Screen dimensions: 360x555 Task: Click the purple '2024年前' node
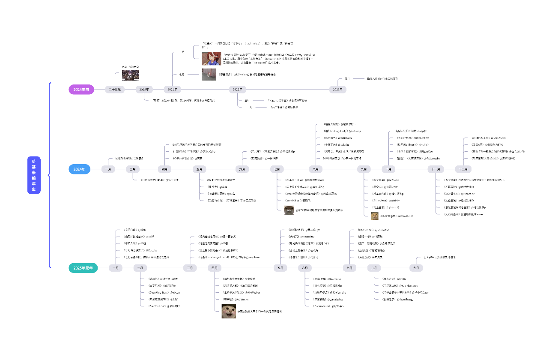[x=81, y=90]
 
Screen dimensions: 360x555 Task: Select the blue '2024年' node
[x=79, y=169]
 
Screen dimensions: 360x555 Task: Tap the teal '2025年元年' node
[x=83, y=268]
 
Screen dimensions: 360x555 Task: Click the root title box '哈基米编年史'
[x=34, y=175]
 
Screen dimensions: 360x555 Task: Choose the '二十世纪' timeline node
[x=115, y=90]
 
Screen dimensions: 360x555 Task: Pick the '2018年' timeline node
[x=144, y=90]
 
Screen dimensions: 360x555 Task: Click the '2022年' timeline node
[x=237, y=90]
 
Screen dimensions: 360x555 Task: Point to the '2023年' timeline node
[x=338, y=90]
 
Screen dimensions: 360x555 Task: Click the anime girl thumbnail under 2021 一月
[x=211, y=59]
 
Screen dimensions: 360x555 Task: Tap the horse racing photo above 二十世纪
[x=130, y=75]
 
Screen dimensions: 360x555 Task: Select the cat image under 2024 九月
[x=375, y=216]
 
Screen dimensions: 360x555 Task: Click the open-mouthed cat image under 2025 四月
[x=229, y=311]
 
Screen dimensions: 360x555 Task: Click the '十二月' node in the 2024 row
[x=461, y=169]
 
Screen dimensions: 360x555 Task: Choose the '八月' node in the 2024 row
[x=315, y=169]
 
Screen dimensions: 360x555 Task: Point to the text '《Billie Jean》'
[x=380, y=200]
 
